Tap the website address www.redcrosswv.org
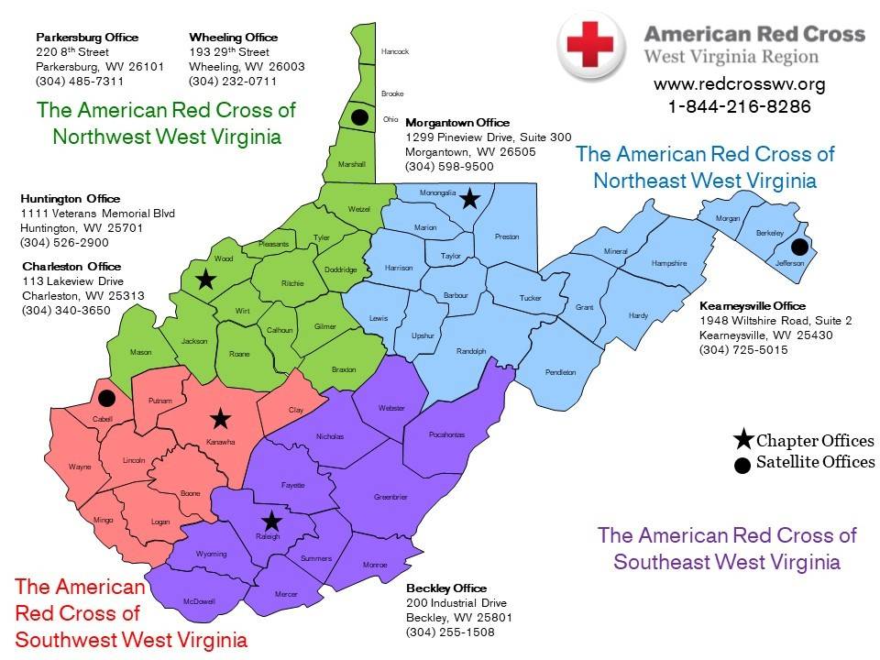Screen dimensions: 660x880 739,84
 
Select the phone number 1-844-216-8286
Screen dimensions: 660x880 739,106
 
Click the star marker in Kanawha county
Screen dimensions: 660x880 220,419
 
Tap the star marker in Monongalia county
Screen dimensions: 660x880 469,198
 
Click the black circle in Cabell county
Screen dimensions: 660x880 106,398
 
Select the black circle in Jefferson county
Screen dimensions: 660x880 799,246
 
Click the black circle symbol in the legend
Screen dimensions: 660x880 743,464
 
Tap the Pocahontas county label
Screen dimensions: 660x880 446,435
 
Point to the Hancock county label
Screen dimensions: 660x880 395,51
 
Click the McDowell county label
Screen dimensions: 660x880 199,601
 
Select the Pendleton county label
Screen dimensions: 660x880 561,372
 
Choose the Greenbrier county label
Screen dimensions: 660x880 390,498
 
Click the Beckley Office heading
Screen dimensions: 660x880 445,588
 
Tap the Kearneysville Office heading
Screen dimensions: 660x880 752,305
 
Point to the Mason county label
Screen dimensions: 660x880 140,352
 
